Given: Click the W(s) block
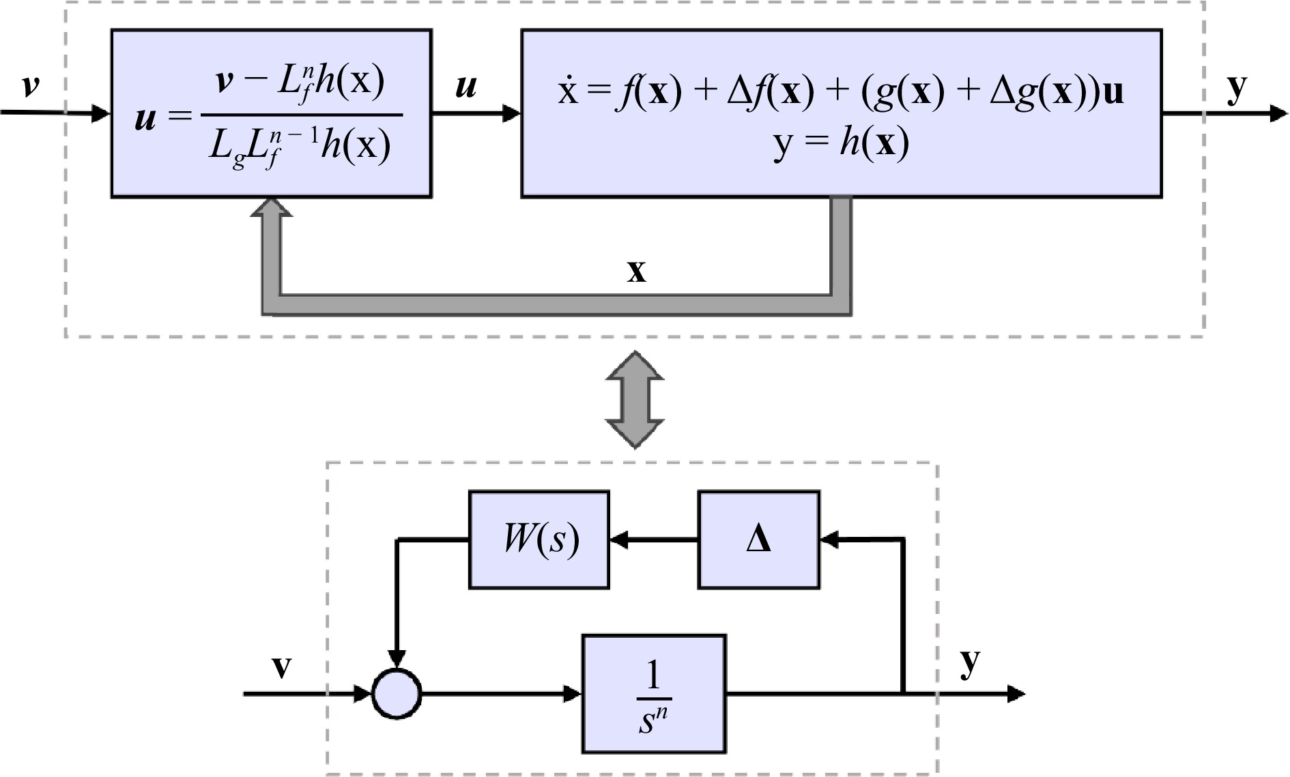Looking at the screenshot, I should pos(539,540).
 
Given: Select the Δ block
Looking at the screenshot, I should pos(758,540).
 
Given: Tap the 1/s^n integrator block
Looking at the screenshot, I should pos(654,694).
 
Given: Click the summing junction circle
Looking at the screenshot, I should pos(397,694).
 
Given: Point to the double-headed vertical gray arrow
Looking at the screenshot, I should pos(635,400).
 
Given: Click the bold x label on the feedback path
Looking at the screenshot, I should pos(636,272).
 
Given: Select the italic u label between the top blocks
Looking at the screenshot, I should pos(465,87).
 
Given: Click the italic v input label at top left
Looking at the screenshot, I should pos(30,86).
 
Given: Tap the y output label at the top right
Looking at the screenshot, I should pos(1237,89).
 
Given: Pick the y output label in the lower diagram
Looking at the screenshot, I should pos(970,662).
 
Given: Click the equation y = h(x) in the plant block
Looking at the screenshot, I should pos(841,144).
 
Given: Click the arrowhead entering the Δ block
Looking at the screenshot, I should pos(829,540).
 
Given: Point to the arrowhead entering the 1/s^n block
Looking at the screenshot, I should pos(572,694).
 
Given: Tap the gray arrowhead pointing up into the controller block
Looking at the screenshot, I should pos(272,207).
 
